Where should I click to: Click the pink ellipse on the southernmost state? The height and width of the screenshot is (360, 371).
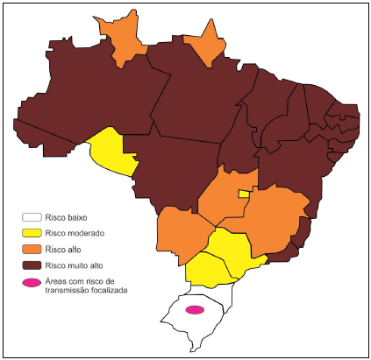pos(195,310)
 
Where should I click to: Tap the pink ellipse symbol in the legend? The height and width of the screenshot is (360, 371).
pos(32,283)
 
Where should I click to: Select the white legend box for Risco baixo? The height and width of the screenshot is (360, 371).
pos(32,216)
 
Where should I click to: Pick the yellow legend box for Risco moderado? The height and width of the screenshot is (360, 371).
pos(32,233)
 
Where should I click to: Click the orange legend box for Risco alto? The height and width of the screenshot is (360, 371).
pos(32,249)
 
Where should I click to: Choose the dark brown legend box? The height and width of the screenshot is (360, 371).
pos(32,265)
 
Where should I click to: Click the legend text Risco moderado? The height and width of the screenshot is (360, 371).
pos(75,233)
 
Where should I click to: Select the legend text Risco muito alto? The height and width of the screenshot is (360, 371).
pos(76,265)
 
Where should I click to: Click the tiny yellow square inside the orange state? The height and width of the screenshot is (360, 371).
pos(243,194)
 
